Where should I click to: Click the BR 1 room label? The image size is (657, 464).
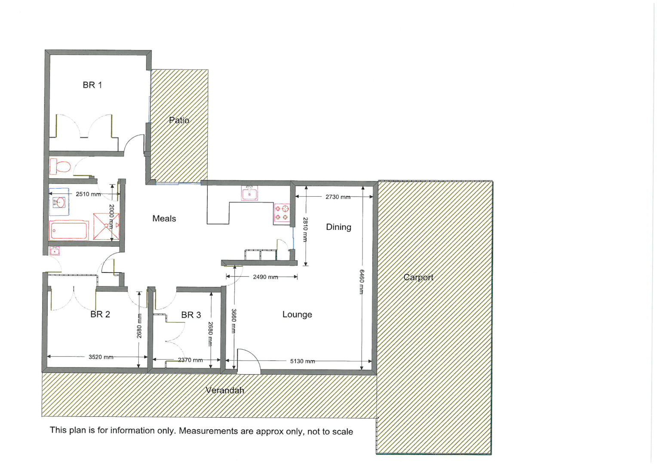tap(92, 85)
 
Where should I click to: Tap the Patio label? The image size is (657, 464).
tap(179, 120)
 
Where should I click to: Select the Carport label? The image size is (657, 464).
tap(418, 278)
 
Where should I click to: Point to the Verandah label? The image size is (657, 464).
tap(225, 391)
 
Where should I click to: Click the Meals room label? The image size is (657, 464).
tap(164, 219)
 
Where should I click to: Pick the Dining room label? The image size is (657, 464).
tap(338, 227)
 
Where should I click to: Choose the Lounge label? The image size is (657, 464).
tap(297, 314)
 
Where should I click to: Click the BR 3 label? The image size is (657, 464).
tap(191, 315)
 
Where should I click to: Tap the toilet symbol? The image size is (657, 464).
tap(60, 166)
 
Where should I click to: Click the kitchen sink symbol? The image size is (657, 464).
tap(249, 193)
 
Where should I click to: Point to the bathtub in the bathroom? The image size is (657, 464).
tap(69, 230)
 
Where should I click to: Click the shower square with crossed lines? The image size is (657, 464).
tap(106, 226)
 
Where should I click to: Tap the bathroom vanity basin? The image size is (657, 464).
tap(59, 202)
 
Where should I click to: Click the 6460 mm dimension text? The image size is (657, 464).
tap(362, 282)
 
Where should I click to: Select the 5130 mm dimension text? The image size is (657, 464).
tap(302, 361)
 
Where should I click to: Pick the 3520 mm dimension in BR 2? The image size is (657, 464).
tap(101, 357)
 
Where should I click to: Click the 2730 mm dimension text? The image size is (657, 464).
tap(338, 197)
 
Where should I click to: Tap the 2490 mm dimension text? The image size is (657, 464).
tap(265, 277)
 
